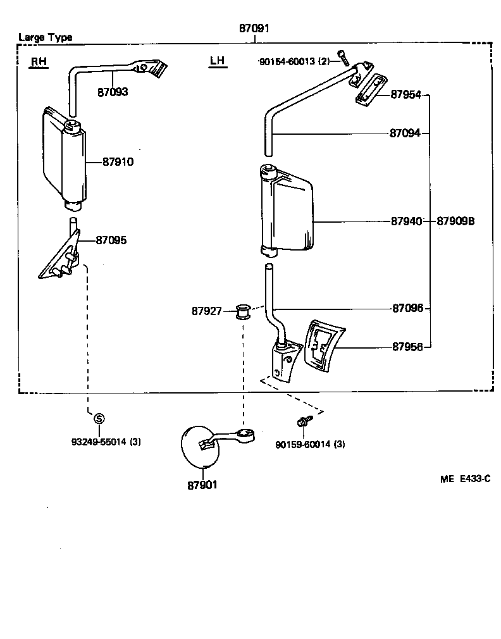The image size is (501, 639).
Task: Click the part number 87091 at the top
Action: coord(254,28)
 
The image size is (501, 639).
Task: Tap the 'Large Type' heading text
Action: coord(45,37)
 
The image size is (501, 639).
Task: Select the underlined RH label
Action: coord(39,61)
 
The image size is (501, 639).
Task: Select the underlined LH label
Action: coord(217,61)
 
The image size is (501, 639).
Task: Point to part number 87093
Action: coord(113,92)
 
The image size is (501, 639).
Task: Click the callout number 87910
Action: coord(118,162)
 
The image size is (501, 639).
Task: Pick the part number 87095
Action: coord(111,240)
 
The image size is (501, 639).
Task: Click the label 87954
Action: coord(405,94)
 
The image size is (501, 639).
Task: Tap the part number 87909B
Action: coord(455,221)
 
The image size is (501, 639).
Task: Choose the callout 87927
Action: coord(207,311)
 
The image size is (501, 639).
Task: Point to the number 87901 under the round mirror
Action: coord(202,485)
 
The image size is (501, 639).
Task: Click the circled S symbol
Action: coord(99,418)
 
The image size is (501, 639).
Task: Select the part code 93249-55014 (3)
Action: coord(106,442)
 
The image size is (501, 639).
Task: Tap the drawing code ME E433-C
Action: coord(465,479)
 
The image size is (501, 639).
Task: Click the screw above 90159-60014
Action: coord(302,419)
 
